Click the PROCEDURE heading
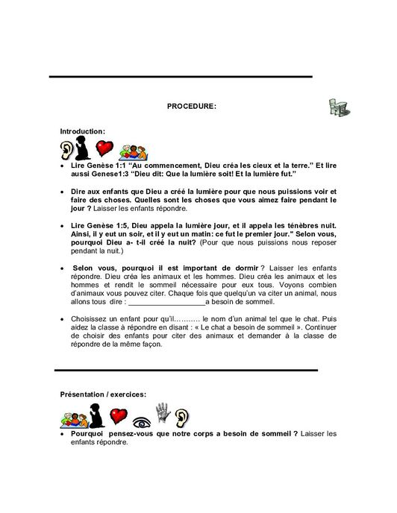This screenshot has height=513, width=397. (x=191, y=106)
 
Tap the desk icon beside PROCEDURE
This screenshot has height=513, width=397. (x=337, y=107)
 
